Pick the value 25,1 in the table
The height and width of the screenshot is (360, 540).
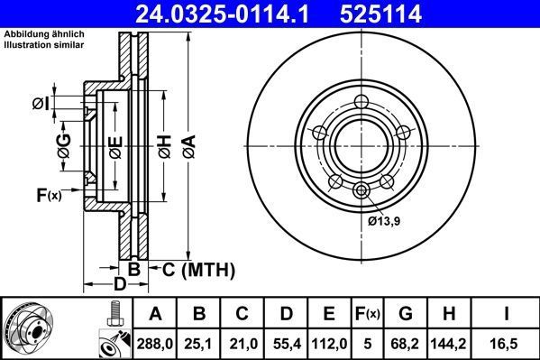[198, 344]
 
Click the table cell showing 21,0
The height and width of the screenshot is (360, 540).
[242, 344]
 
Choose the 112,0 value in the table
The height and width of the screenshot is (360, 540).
[329, 344]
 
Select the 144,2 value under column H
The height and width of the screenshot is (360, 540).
[454, 344]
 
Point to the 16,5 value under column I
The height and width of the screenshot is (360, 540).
[508, 344]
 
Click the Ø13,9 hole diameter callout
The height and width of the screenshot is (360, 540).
[384, 220]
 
